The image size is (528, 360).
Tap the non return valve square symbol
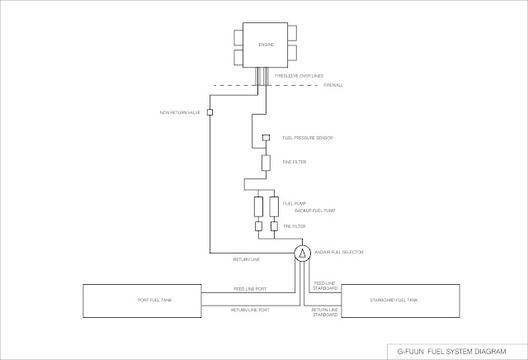click(x=210, y=111)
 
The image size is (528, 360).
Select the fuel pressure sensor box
click(x=266, y=136)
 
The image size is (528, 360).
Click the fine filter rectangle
click(x=266, y=162)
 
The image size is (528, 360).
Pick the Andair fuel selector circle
click(x=303, y=252)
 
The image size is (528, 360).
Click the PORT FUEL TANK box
click(x=140, y=300)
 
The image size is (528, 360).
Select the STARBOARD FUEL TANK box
click(x=401, y=300)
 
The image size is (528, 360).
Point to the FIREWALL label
click(x=332, y=85)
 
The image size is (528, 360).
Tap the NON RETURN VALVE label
click(x=180, y=112)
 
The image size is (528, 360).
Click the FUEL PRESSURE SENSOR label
click(x=307, y=137)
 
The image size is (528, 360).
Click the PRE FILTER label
click(x=293, y=225)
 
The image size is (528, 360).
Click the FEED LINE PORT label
click(x=251, y=289)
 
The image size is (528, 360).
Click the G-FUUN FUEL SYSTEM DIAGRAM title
click(x=449, y=349)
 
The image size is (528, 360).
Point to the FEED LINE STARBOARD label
click(x=325, y=285)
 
